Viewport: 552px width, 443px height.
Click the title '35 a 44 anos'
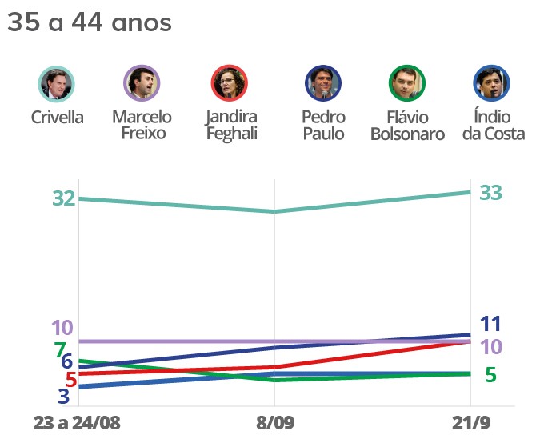(x=89, y=23)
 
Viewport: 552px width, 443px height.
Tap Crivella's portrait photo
(x=57, y=83)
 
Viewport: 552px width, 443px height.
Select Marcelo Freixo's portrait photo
(x=142, y=83)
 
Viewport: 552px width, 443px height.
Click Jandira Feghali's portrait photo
(x=230, y=83)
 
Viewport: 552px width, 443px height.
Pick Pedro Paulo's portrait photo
(x=323, y=83)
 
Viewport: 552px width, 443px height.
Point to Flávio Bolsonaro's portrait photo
(x=406, y=83)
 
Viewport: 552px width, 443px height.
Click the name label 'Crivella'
(x=57, y=118)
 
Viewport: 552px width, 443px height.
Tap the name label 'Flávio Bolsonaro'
(x=407, y=126)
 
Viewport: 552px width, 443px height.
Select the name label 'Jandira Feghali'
(x=231, y=126)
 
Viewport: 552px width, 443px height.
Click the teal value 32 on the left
(x=64, y=198)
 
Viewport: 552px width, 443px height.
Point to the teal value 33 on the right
(x=490, y=193)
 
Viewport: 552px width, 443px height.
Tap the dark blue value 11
(x=490, y=324)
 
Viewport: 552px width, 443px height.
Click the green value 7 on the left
(x=59, y=349)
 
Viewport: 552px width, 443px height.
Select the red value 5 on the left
(x=70, y=379)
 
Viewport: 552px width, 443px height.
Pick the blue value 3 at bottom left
(x=64, y=395)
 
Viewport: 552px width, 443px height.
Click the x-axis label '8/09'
(x=274, y=422)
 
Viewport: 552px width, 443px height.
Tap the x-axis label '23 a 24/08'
(x=78, y=422)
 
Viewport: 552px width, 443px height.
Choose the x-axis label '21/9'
(x=471, y=422)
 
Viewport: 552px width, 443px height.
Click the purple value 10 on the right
(x=490, y=346)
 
